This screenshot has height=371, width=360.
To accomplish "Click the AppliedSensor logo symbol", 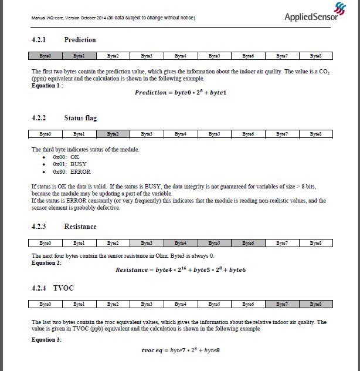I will [x=340, y=8].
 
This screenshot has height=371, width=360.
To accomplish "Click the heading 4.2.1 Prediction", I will [x=64, y=40].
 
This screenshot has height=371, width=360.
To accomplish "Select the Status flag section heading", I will [x=64, y=118].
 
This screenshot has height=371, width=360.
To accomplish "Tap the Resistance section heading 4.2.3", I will [x=64, y=227].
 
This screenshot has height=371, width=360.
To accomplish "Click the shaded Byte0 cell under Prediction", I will [x=45, y=56].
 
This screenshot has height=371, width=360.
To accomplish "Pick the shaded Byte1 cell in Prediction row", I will [x=79, y=56].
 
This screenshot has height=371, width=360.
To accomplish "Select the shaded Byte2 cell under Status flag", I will [x=113, y=134].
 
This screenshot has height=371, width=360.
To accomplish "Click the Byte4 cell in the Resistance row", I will [x=181, y=242].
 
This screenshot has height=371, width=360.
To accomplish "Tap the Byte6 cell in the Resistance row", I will [x=248, y=242].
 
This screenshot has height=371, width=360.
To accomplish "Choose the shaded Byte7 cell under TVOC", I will [x=282, y=304].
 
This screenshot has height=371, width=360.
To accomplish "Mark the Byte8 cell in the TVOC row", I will [x=316, y=304].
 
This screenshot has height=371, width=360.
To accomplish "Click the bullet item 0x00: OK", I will [x=66, y=157].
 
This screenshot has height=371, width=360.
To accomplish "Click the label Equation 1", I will [x=47, y=85].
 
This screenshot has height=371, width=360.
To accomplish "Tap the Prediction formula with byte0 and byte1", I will [x=181, y=93].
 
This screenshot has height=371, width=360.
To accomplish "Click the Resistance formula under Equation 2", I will [x=181, y=270].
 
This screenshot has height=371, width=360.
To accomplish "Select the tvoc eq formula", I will [x=181, y=350].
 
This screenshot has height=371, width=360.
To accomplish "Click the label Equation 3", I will [x=46, y=339].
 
